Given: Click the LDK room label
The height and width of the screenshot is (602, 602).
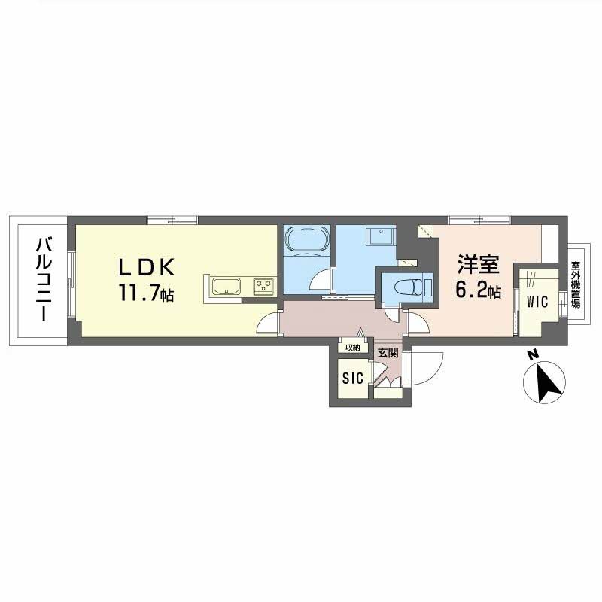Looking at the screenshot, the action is [x=147, y=267].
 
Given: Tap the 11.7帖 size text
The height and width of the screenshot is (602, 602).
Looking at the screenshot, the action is [x=146, y=293].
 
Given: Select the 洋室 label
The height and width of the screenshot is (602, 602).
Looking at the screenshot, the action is [x=478, y=264].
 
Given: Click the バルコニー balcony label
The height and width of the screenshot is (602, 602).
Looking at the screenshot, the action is [x=44, y=279].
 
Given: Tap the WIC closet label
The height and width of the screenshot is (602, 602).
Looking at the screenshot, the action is [x=537, y=302].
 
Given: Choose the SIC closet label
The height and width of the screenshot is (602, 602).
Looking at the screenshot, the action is [x=352, y=379].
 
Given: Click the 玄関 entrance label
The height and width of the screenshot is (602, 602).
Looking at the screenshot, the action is [x=388, y=353].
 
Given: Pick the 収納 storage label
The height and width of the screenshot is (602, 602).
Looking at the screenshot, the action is [x=352, y=348].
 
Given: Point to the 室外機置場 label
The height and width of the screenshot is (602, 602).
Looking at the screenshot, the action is [x=575, y=284].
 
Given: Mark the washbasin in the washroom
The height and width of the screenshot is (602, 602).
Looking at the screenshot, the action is [x=380, y=236].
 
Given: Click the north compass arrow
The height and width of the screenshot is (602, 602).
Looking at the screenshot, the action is [x=547, y=383].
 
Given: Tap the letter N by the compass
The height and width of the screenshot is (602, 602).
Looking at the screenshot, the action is [x=531, y=355].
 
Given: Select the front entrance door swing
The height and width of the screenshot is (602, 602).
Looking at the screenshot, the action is [x=426, y=368].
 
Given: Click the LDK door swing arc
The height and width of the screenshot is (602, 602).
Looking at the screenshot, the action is [x=266, y=324].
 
